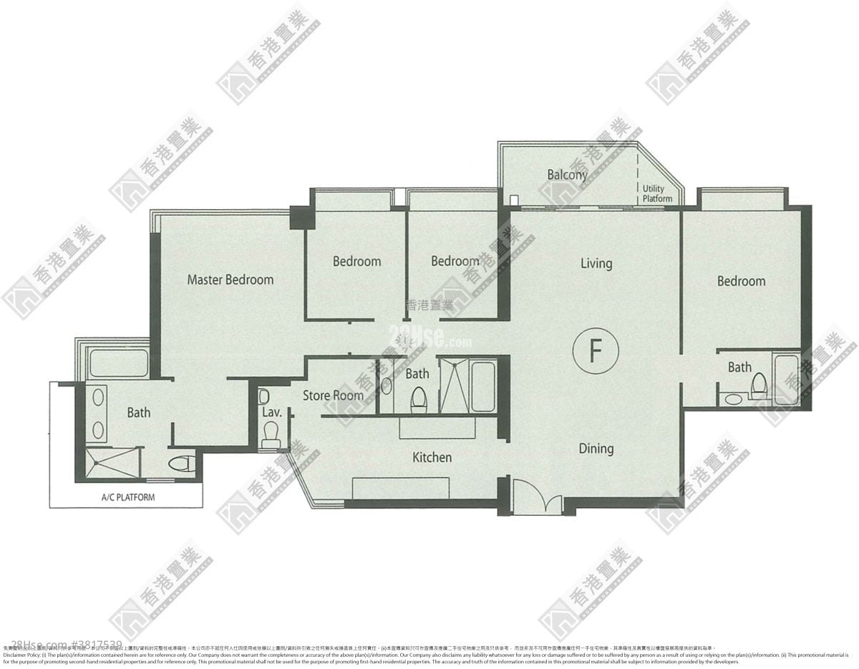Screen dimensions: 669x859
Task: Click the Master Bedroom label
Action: pyautogui.click(x=230, y=279)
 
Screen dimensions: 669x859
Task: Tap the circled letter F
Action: pyautogui.click(x=594, y=351)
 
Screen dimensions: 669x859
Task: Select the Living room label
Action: pyautogui.click(x=596, y=264)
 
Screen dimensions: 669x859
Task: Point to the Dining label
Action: pyautogui.click(x=596, y=448)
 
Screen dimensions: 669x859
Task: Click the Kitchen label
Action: pyautogui.click(x=432, y=457)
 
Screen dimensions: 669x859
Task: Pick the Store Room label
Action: pyautogui.click(x=333, y=395)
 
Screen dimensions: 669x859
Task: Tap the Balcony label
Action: pyautogui.click(x=567, y=174)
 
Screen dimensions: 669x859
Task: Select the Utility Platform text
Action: pyautogui.click(x=656, y=193)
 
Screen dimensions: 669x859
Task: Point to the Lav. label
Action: pyautogui.click(x=271, y=413)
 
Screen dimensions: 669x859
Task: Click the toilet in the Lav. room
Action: pyautogui.click(x=271, y=434)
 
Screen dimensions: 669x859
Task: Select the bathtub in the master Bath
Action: pyautogui.click(x=119, y=363)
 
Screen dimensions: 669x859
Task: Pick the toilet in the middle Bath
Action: pyautogui.click(x=419, y=400)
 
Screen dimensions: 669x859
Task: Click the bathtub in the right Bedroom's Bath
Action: pyautogui.click(x=785, y=377)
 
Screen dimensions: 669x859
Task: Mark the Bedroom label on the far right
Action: pyautogui.click(x=741, y=281)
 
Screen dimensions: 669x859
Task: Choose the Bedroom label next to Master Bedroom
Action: pyautogui.click(x=356, y=261)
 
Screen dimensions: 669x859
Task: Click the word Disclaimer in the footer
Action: pyautogui.click(x=19, y=655)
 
